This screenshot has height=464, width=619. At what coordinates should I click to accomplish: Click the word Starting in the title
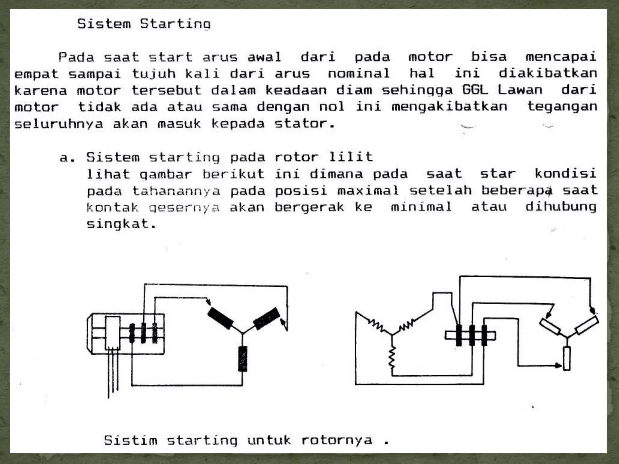click(175, 24)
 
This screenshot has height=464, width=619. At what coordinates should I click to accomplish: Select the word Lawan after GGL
click(520, 90)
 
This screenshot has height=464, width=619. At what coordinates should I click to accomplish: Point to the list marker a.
click(67, 157)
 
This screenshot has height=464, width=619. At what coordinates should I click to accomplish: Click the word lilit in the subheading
click(351, 157)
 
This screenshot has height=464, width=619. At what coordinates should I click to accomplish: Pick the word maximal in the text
click(368, 190)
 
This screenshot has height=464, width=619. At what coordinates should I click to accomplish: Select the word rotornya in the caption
click(337, 440)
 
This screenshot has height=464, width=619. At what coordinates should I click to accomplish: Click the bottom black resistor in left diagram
click(242, 359)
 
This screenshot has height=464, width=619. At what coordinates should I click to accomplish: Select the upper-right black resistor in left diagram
click(266, 318)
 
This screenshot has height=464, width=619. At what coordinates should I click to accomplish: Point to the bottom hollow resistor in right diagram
click(567, 358)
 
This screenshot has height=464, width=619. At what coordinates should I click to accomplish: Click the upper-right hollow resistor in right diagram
click(586, 325)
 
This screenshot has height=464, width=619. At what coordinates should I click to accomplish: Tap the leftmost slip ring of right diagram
click(459, 335)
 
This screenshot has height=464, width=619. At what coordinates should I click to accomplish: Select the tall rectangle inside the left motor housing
click(112, 333)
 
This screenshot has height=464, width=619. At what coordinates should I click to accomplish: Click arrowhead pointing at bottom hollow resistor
click(559, 366)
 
